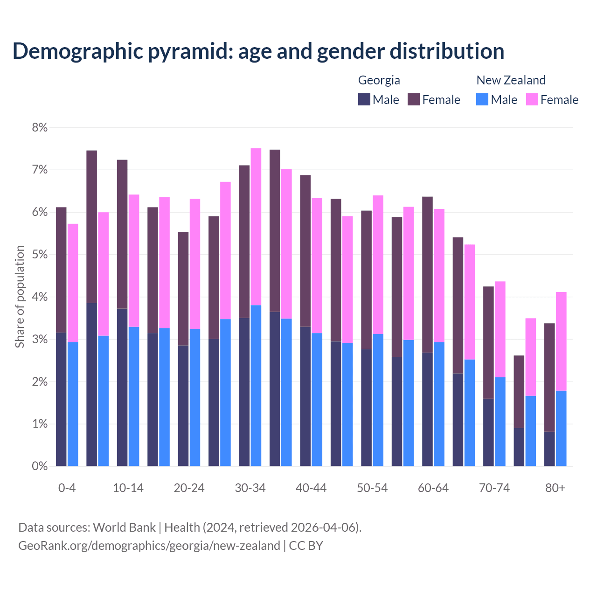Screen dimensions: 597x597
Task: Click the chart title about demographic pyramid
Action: (258, 51)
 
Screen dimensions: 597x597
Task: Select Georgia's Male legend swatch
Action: (364, 99)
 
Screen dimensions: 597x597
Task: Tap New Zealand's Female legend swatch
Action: (532, 99)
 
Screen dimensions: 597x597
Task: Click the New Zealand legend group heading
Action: (511, 80)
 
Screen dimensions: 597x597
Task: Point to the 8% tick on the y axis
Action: (40, 127)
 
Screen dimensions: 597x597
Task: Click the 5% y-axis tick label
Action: (40, 255)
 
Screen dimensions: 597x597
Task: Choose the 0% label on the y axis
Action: (40, 466)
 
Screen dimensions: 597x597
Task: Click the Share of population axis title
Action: (20, 297)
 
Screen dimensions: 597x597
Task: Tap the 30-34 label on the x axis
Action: (250, 488)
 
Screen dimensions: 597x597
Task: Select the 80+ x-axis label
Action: (555, 488)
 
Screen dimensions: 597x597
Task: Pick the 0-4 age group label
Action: (67, 488)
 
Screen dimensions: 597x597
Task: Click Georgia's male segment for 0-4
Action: (61, 399)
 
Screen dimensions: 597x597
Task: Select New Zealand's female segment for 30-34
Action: (256, 227)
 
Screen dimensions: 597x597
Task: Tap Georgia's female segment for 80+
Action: (549, 377)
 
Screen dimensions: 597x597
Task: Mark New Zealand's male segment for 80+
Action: (561, 428)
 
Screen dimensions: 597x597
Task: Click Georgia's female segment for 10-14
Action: (122, 234)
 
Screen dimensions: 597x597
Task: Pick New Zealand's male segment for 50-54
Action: (378, 400)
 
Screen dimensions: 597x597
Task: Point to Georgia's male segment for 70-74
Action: (488, 432)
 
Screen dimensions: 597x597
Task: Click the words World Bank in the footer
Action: (124, 528)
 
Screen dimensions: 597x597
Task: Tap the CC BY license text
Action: (306, 546)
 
